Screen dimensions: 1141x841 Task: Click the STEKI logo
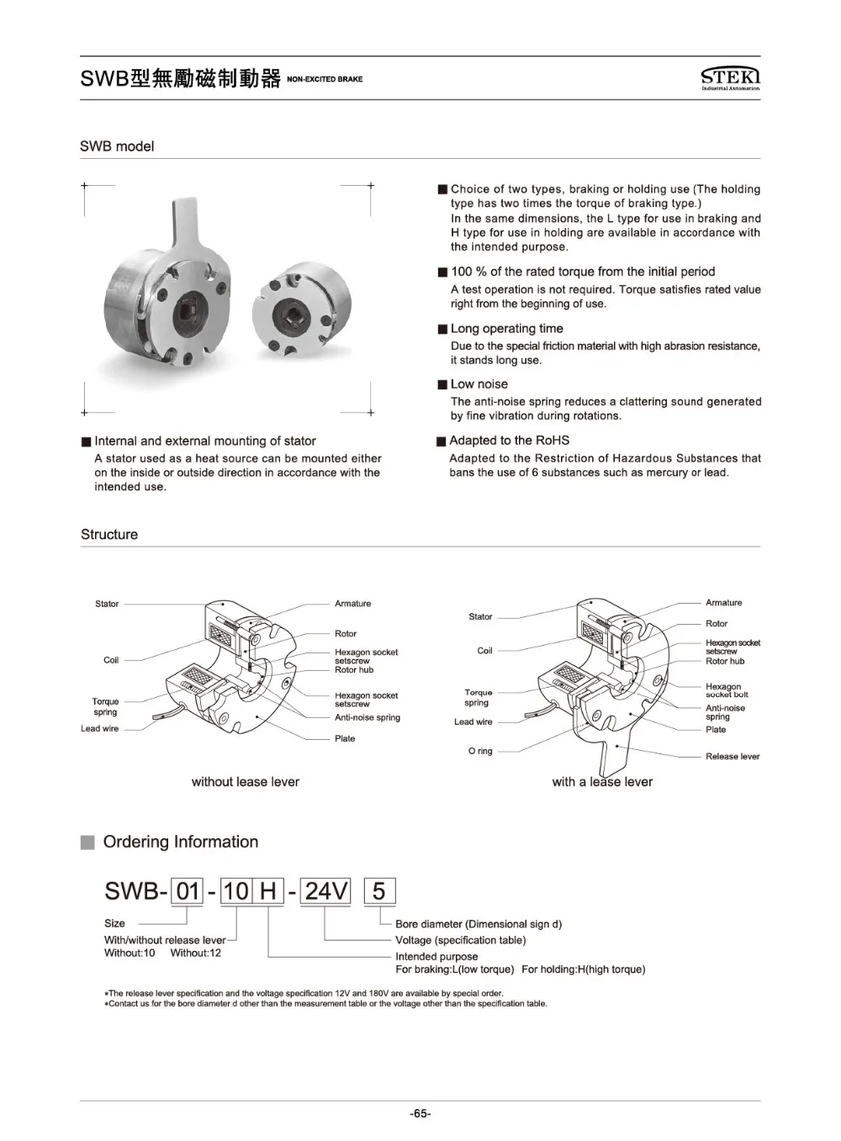(730, 77)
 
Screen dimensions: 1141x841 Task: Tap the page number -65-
(420, 1114)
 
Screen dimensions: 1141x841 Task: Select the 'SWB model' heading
(117, 146)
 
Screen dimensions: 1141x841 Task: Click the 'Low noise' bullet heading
(479, 384)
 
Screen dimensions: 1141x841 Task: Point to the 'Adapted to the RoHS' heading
(509, 441)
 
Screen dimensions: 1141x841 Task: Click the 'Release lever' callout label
(732, 757)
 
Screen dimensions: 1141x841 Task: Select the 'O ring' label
(480, 751)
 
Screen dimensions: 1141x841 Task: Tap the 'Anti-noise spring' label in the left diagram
(368, 717)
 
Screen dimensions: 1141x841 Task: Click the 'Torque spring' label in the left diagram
(106, 706)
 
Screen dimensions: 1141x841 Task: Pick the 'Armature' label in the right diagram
(723, 603)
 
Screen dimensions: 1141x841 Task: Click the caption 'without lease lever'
(246, 782)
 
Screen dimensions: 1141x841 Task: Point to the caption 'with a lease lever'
(602, 782)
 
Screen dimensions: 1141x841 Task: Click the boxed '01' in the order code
(188, 891)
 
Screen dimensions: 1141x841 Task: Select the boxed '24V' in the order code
(325, 891)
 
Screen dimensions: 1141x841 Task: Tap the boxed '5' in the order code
(378, 891)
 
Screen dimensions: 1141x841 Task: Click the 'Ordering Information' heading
(180, 842)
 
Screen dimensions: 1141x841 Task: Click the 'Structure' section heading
(109, 535)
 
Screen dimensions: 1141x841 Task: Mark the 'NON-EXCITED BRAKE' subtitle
(325, 79)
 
